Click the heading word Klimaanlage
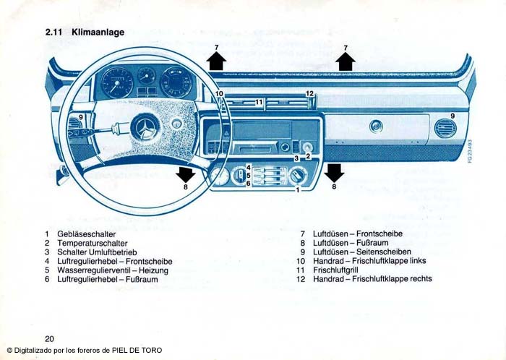pyautogui.click(x=98, y=33)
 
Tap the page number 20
pyautogui.click(x=49, y=338)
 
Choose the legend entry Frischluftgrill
pyautogui.click(x=335, y=270)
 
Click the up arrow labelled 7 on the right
pyautogui.click(x=346, y=61)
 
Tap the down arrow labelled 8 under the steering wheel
pyautogui.click(x=186, y=173)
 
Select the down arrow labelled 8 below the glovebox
pyautogui.click(x=334, y=172)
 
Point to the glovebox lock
pyautogui.click(x=375, y=127)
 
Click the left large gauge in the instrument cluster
pyautogui.click(x=117, y=83)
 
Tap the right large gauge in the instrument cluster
pyautogui.click(x=175, y=82)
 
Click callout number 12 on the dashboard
pyautogui.click(x=309, y=94)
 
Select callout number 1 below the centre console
pyautogui.click(x=297, y=189)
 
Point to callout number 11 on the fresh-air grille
pyautogui.click(x=260, y=103)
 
